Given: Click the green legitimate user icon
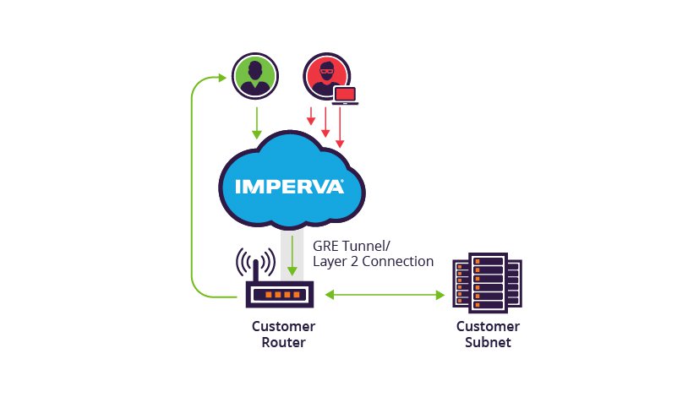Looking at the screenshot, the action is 255,76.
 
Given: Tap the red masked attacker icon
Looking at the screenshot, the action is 326,76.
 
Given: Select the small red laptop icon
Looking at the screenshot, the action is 346,95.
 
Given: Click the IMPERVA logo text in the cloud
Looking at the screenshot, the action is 290,187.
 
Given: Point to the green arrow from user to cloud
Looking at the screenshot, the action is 257,123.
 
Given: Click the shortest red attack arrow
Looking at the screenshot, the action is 311,116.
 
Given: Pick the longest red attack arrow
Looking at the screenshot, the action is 341,128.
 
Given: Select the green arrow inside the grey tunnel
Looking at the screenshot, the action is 292,256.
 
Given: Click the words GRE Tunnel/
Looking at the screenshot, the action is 352,246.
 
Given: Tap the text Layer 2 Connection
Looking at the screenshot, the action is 373,261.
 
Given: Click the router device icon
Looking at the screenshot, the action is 280,295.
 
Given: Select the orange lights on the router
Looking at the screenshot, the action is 282,295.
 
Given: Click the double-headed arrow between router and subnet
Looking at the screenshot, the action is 385,295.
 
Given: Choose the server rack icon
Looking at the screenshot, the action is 487,283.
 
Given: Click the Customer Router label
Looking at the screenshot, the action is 283,335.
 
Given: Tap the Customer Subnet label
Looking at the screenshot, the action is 488,335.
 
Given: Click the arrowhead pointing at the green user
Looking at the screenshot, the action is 222,78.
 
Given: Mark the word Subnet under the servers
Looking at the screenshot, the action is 488,342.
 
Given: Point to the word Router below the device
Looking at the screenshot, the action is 283,342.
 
